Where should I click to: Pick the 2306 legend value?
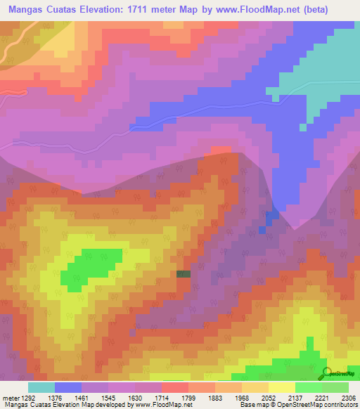(x=347, y=397)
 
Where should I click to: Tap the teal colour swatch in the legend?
(x=41, y=387)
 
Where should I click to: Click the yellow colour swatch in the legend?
(x=282, y=387)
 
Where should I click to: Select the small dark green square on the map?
(x=184, y=274)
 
